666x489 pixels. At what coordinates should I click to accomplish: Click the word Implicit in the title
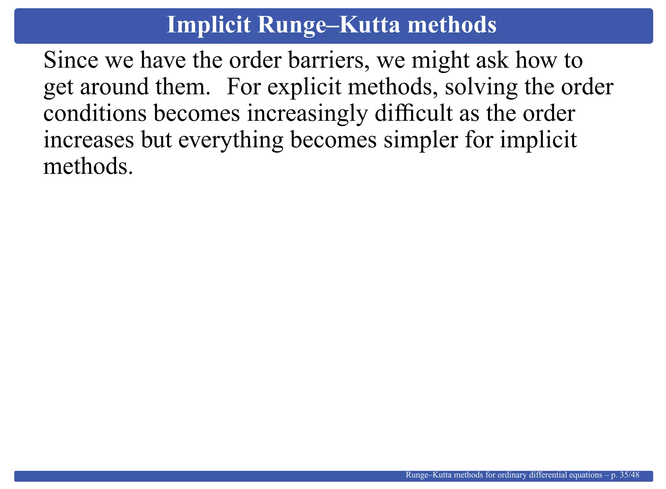pyautogui.click(x=208, y=25)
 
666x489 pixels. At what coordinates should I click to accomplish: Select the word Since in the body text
pyautogui.click(x=71, y=60)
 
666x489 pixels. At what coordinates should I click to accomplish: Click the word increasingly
pyautogui.click(x=307, y=114)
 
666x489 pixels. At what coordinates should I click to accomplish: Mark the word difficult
pyautogui.click(x=413, y=114)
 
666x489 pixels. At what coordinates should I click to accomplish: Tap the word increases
pyautogui.click(x=88, y=140)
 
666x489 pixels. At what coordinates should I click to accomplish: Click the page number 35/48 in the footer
pyautogui.click(x=630, y=475)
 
